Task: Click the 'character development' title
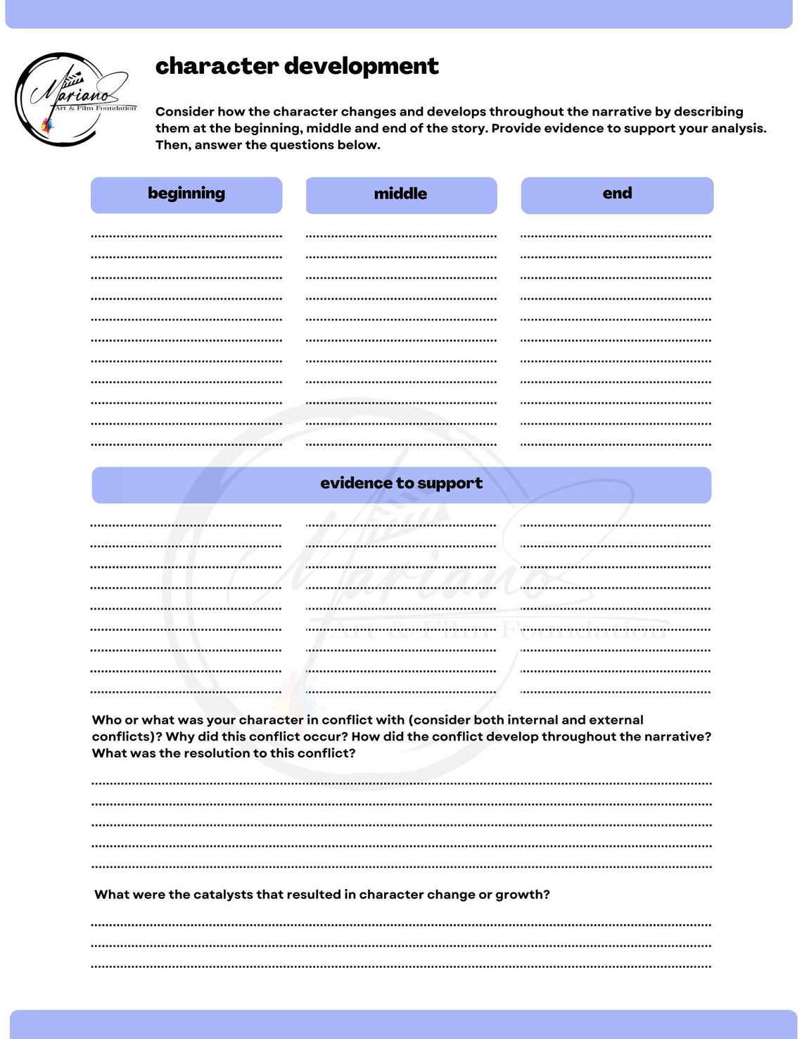[x=296, y=66]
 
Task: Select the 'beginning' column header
[x=186, y=194]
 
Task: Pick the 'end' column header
[x=617, y=194]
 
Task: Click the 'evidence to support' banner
[x=401, y=484]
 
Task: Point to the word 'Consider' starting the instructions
[x=184, y=112]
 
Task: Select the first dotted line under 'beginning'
[x=186, y=236]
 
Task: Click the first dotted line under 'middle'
[x=401, y=236]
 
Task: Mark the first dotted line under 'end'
[x=616, y=236]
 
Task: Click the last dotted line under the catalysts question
[x=401, y=966]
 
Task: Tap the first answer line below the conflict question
[x=401, y=783]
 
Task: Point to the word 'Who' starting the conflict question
[x=107, y=720]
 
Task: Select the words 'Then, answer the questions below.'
[x=267, y=145]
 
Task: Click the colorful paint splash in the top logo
[x=47, y=125]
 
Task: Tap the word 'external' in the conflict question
[x=616, y=720]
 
